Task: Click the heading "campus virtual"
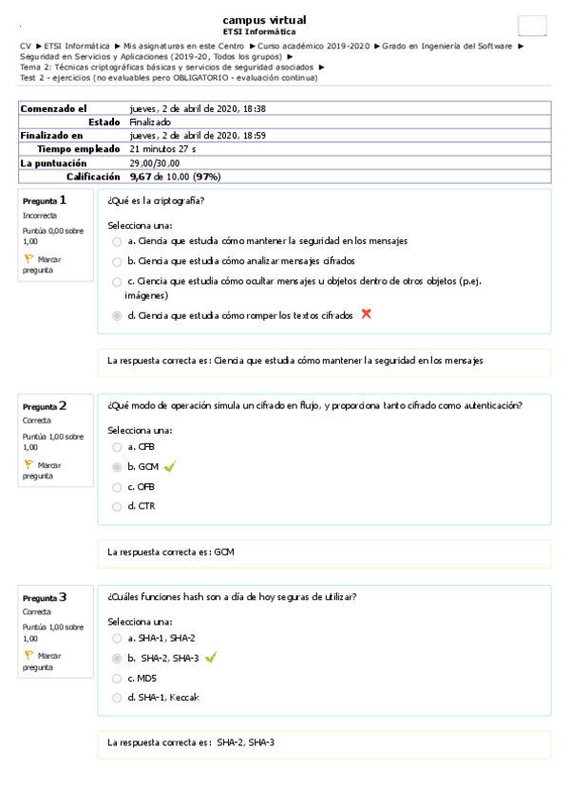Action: point(264,20)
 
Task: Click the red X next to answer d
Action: point(366,314)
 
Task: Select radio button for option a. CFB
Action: point(117,446)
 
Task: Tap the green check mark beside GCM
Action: point(170,466)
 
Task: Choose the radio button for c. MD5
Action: point(117,678)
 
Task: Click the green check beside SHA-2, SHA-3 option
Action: point(211,657)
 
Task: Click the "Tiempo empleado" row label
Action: point(78,149)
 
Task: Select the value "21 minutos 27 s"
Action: point(162,149)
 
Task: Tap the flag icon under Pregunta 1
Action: point(28,258)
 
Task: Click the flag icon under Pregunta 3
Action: point(28,655)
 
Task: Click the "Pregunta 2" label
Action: point(45,406)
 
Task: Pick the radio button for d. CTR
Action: point(117,506)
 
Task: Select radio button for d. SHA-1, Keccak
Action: point(117,698)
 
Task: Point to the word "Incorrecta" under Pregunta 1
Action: point(40,215)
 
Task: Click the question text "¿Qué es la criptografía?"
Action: point(157,200)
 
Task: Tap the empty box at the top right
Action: point(532,27)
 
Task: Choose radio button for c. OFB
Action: point(117,487)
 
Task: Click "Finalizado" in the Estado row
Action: point(150,122)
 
